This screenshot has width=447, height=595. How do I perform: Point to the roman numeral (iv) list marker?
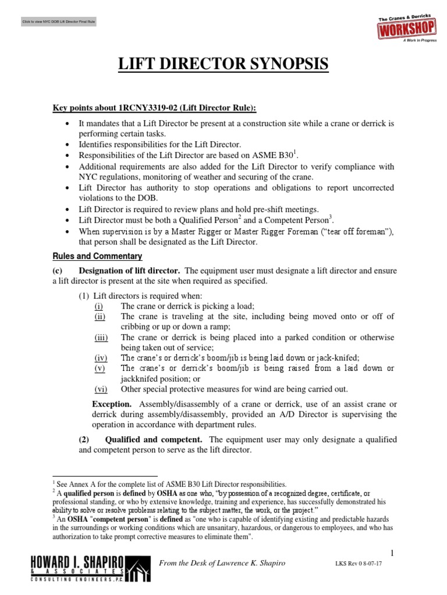(x=102, y=357)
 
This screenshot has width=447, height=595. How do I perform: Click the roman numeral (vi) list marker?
(x=102, y=389)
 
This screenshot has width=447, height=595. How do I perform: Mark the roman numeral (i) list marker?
(x=101, y=306)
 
